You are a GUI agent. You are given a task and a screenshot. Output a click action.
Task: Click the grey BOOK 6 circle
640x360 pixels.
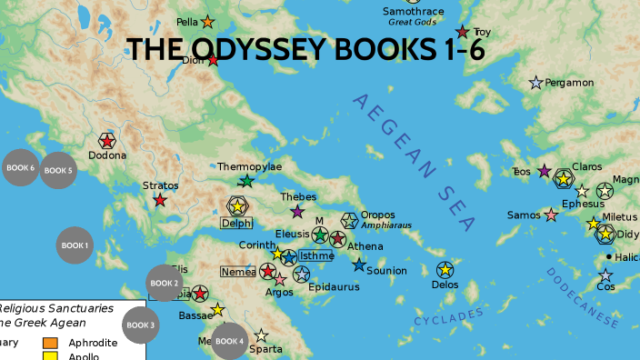pos(20,168)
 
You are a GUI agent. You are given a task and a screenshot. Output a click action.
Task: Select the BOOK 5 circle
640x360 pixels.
pos(58,170)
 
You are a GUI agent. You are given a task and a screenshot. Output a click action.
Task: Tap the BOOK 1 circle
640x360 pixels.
pos(75,245)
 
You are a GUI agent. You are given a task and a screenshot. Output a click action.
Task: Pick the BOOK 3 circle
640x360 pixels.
pos(141,325)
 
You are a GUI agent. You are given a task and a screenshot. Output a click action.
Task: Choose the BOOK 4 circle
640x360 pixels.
pos(229,341)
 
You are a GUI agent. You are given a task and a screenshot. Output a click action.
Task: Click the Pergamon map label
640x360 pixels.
pos(569,83)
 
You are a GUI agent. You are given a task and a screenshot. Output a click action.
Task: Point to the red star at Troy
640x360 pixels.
pos(463,32)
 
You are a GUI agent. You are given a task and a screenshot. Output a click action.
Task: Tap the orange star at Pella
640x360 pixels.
pos(207,21)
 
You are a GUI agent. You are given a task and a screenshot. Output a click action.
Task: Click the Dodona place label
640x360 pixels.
pos(107,155)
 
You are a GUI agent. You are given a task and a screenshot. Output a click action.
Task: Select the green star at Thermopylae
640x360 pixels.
pos(246,181)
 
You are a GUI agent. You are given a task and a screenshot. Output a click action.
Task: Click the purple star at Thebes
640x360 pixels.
pos(297,212)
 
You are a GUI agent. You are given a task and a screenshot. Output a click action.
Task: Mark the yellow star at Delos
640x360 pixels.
pos(445,269)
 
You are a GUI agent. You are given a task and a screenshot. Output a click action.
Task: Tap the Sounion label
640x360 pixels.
pos(386,271)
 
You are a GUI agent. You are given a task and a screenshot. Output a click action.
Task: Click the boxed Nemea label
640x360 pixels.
pos(238,271)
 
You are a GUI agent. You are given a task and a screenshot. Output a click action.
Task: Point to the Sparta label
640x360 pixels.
pos(266,349)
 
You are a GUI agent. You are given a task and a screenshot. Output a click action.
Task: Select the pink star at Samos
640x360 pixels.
pos(551,215)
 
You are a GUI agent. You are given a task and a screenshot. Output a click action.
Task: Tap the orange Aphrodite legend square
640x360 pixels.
pos(51,343)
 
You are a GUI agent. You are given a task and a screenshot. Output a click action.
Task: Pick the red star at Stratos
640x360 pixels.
pos(160,200)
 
